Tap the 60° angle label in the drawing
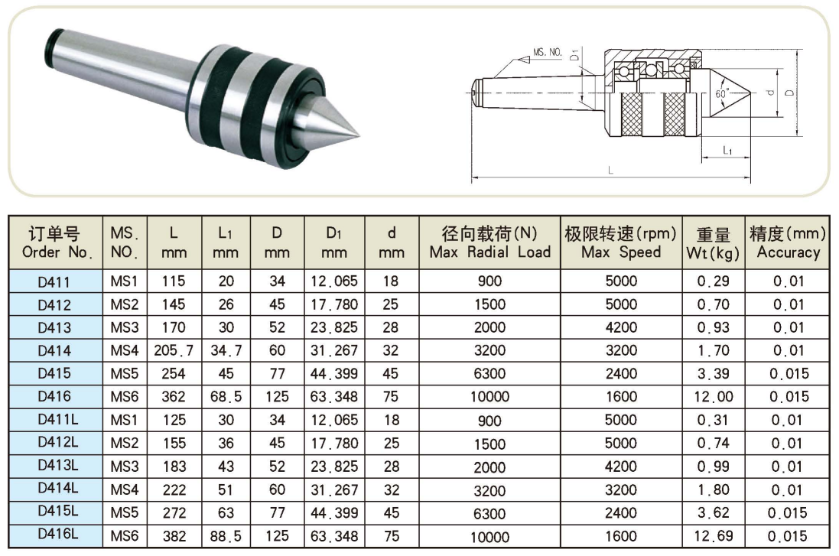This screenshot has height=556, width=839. (721, 93)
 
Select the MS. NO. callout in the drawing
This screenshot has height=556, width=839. (547, 53)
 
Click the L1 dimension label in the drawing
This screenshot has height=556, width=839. (727, 151)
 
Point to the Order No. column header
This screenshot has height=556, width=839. (54, 242)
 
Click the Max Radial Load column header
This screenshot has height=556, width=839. (489, 242)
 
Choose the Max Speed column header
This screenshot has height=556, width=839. (621, 242)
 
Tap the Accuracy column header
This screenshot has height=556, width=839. (788, 242)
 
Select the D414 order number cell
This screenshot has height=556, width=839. (54, 351)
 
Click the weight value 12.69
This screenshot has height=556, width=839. (714, 537)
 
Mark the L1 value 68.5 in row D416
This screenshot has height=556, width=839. (226, 397)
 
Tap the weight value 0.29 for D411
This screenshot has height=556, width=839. (714, 281)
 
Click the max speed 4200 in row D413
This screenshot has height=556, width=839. (621, 327)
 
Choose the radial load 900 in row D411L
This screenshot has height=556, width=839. (489, 421)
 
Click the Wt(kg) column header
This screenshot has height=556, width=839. (714, 242)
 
